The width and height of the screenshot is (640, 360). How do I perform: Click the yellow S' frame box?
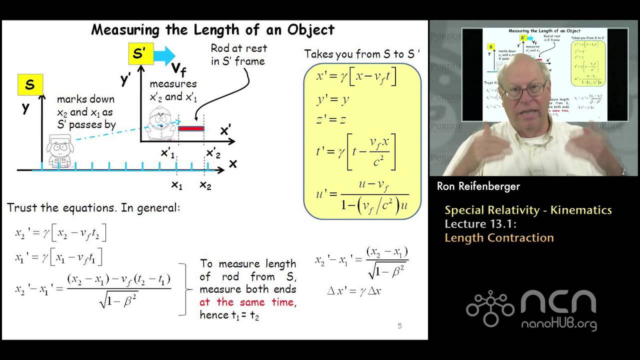tap(141, 54)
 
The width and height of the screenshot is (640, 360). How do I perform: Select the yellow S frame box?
tap(30, 85)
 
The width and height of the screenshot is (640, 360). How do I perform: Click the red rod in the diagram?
tap(191, 128)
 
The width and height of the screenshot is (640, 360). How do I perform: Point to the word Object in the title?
tap(310, 29)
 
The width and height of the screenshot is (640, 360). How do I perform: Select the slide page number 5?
tap(399, 326)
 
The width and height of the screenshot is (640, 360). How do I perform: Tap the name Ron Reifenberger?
tap(478, 186)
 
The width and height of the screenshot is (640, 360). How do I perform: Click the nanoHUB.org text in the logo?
tap(559, 323)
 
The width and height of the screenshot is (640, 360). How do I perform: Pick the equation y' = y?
tap(332, 99)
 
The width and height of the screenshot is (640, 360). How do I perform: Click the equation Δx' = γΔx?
tap(354, 290)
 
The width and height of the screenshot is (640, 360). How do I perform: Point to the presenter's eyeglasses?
tap(523, 90)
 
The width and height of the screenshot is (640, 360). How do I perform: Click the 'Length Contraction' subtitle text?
tap(499, 237)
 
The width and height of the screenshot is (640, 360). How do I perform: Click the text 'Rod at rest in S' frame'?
tap(238, 54)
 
